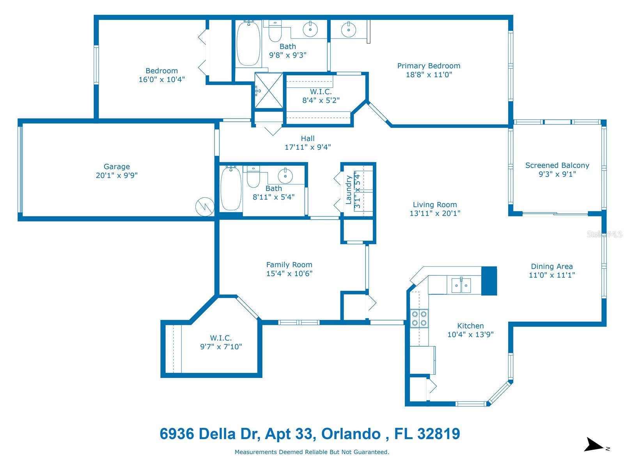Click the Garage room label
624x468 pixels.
[117, 167]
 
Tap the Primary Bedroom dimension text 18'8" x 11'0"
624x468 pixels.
[429, 75]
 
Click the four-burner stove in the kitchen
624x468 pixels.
[419, 318]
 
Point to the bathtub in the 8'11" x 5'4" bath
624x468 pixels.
[231, 188]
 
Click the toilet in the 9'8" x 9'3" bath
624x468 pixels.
[275, 31]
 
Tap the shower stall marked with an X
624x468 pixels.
[269, 90]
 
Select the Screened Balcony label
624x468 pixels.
[557, 165]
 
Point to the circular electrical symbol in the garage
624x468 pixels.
[205, 207]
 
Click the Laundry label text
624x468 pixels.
[349, 190]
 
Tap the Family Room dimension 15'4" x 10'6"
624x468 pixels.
[289, 274]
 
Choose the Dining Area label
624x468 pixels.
[551, 266]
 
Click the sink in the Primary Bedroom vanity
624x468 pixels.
[349, 29]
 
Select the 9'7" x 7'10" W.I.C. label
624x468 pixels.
[221, 342]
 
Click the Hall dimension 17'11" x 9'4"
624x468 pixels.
[308, 147]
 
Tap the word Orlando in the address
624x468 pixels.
[351, 434]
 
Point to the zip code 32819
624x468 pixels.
[439, 434]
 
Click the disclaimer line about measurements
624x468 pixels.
[312, 452]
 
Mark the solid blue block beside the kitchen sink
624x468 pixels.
[489, 281]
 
